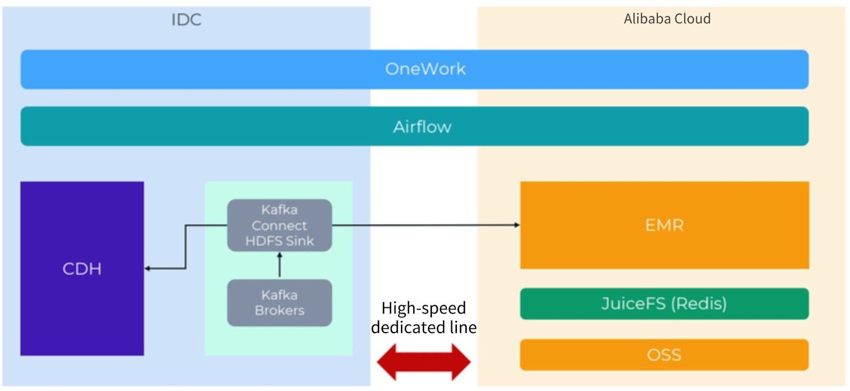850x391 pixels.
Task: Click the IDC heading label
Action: pos(186,20)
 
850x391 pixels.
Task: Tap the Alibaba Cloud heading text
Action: pos(667,19)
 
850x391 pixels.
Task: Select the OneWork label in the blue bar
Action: pos(425,69)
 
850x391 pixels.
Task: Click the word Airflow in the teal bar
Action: pos(422,127)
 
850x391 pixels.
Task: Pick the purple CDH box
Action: pos(82,268)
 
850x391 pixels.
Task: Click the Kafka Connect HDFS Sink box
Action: pos(279,225)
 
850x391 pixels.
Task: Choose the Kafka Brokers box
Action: pos(279,303)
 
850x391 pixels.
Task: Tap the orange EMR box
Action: pos(664,225)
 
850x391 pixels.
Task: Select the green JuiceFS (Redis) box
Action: pos(664,304)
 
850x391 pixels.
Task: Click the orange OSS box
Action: pos(664,355)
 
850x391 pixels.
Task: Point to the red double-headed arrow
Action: pos(423,362)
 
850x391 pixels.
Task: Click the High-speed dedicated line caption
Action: pos(423,317)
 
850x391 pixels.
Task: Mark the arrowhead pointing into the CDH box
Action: pos(148,268)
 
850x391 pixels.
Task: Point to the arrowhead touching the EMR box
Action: pos(517,225)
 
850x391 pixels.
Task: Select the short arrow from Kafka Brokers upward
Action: pos(279,265)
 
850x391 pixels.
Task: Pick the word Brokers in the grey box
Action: pos(279,311)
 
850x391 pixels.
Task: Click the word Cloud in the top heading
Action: pos(691,19)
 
